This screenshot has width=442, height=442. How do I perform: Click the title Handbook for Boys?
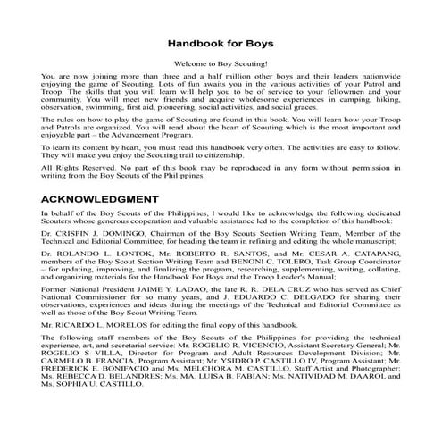221,42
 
